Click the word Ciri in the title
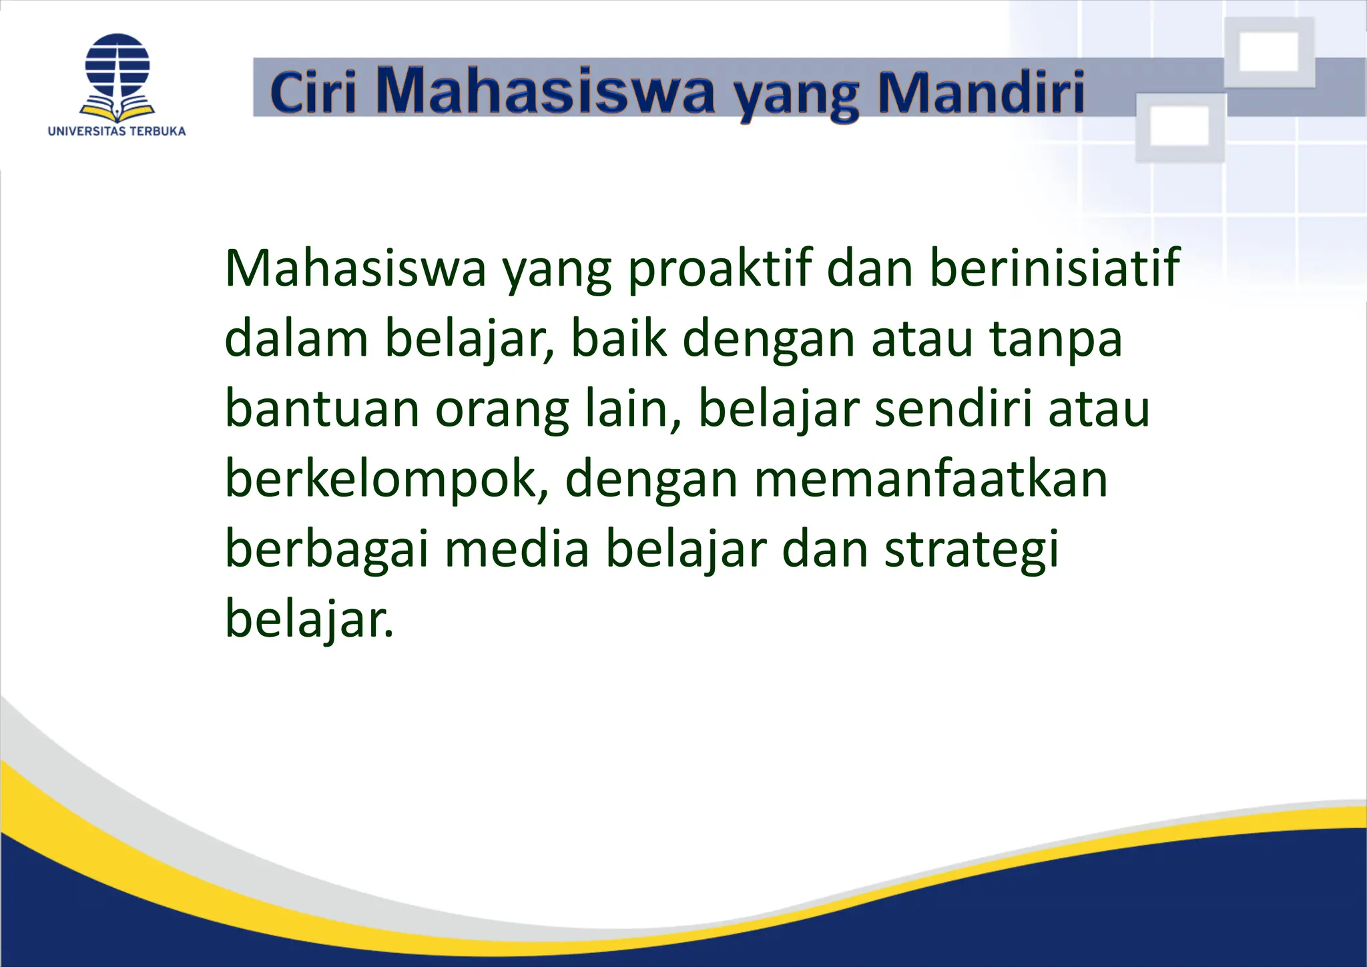(x=313, y=92)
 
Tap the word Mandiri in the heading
(x=981, y=92)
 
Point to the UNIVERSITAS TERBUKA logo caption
(x=117, y=131)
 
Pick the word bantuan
(x=322, y=408)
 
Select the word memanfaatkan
(x=930, y=479)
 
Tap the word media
(x=517, y=550)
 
